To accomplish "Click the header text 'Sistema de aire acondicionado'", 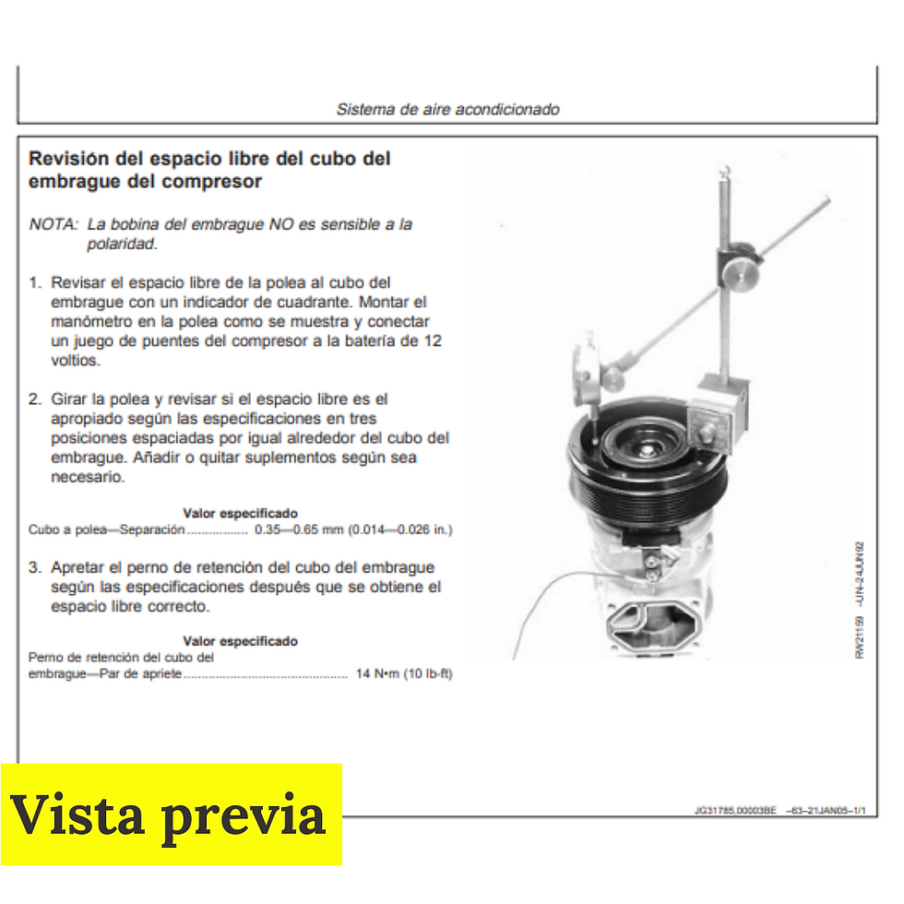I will point(447,109).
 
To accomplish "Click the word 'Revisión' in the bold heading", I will point(67,159).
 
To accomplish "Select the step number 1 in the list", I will point(34,282).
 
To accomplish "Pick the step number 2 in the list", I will point(34,399).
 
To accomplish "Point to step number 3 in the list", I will point(34,567).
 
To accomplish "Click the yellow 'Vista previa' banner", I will point(171,815).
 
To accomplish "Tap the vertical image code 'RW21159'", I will point(860,636).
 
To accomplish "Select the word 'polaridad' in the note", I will point(121,244).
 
